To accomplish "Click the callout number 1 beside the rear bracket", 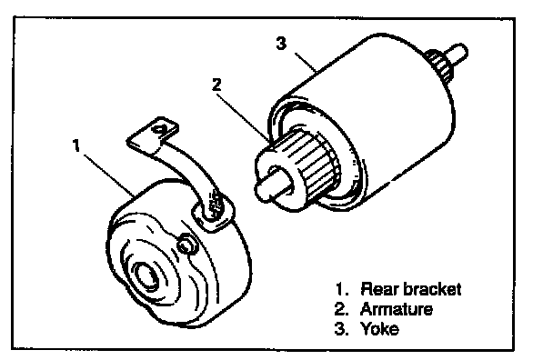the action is coord(75,145).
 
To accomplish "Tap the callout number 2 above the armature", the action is coord(216,85).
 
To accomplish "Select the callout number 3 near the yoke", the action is coord(281,44).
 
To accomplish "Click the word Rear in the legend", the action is coord(379,289).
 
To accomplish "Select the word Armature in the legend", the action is coord(396,309).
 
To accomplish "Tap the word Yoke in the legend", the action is coord(379,328).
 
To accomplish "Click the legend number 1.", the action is coord(341,289).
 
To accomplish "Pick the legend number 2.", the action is coord(341,309).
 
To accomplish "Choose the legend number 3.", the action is coord(341,328).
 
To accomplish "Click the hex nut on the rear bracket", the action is coord(186,244).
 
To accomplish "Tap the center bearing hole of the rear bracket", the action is coord(147,275).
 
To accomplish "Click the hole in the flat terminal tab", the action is coord(161,129).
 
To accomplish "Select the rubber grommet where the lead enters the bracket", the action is coord(213,214).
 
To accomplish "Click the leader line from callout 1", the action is coord(109,176).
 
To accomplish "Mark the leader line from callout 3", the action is coord(306,63).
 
